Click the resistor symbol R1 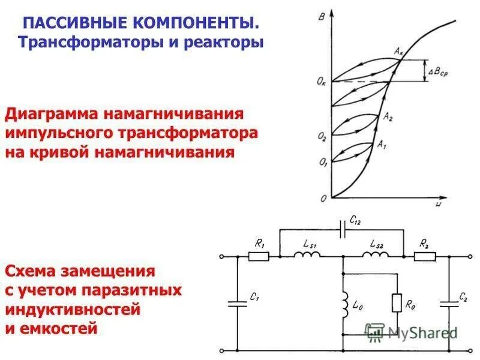click(259, 256)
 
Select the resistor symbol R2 click(425, 256)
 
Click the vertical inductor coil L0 click(344, 305)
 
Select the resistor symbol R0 click(397, 303)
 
